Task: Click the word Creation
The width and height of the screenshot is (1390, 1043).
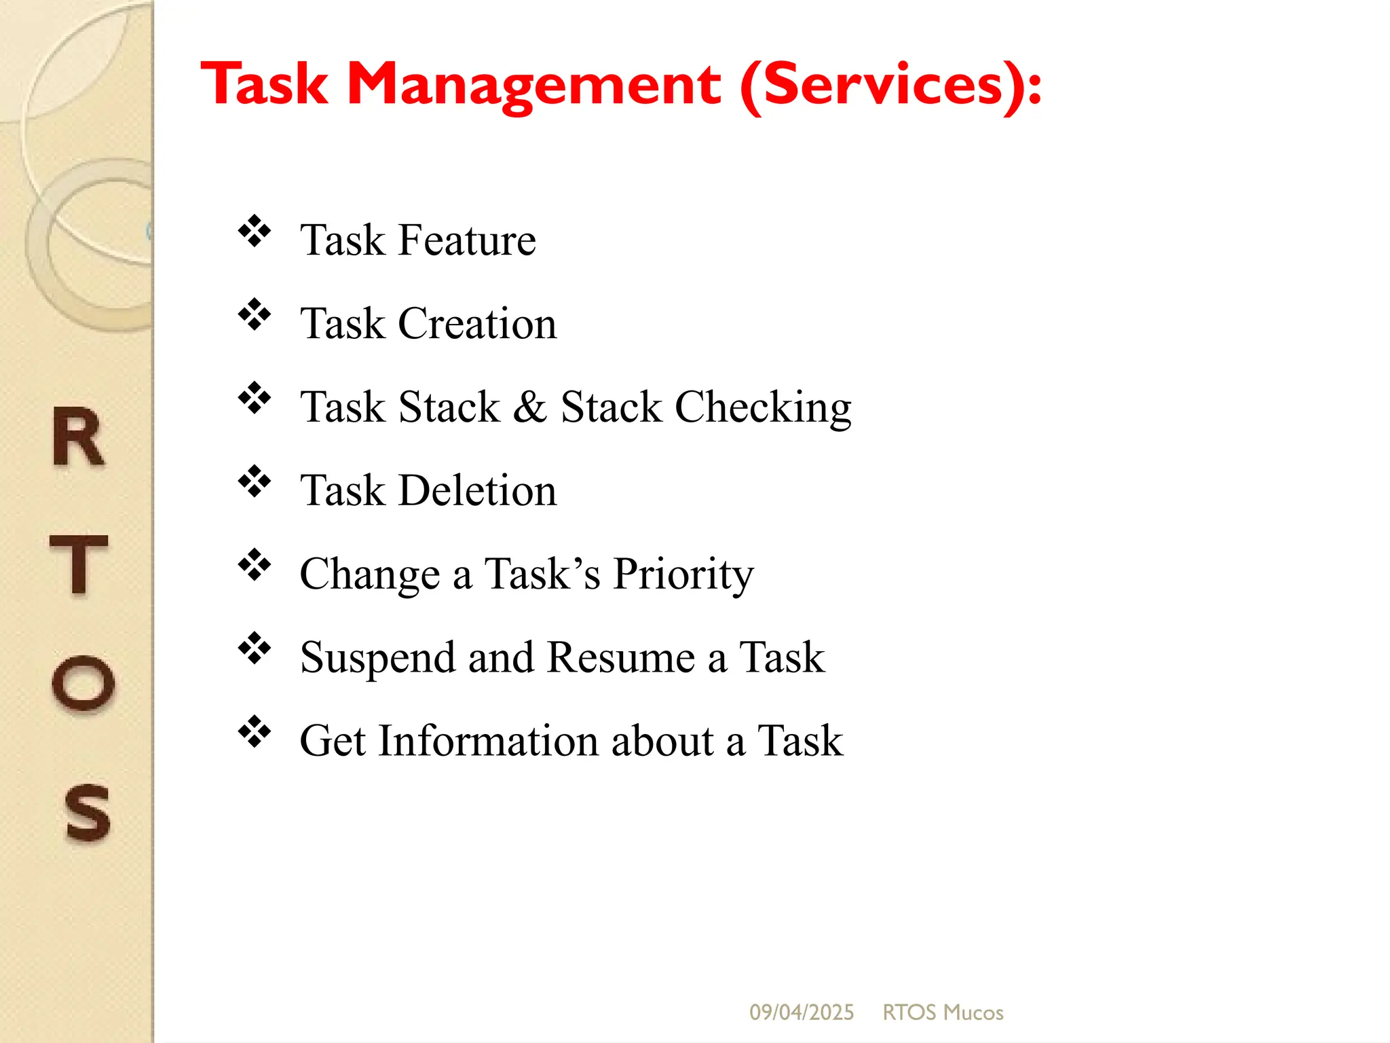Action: tap(477, 323)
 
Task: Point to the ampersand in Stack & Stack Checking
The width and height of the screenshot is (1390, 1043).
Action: tap(530, 407)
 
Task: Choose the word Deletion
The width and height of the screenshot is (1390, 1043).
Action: tap(477, 490)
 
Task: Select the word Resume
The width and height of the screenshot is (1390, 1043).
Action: tap(620, 657)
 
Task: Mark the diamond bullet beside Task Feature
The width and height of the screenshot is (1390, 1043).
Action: tap(255, 231)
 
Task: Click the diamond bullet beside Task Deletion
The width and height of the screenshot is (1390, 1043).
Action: tap(255, 481)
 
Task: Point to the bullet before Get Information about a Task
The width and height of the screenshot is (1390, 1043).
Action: tap(255, 731)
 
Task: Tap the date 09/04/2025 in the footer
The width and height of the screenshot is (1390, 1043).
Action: tap(802, 1012)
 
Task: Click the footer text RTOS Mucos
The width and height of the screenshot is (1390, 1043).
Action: tap(943, 1012)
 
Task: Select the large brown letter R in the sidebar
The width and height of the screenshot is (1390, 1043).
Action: tap(79, 437)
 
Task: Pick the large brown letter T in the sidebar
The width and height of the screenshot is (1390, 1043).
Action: tap(79, 564)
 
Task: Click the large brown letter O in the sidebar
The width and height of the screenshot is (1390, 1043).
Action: tap(83, 684)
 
